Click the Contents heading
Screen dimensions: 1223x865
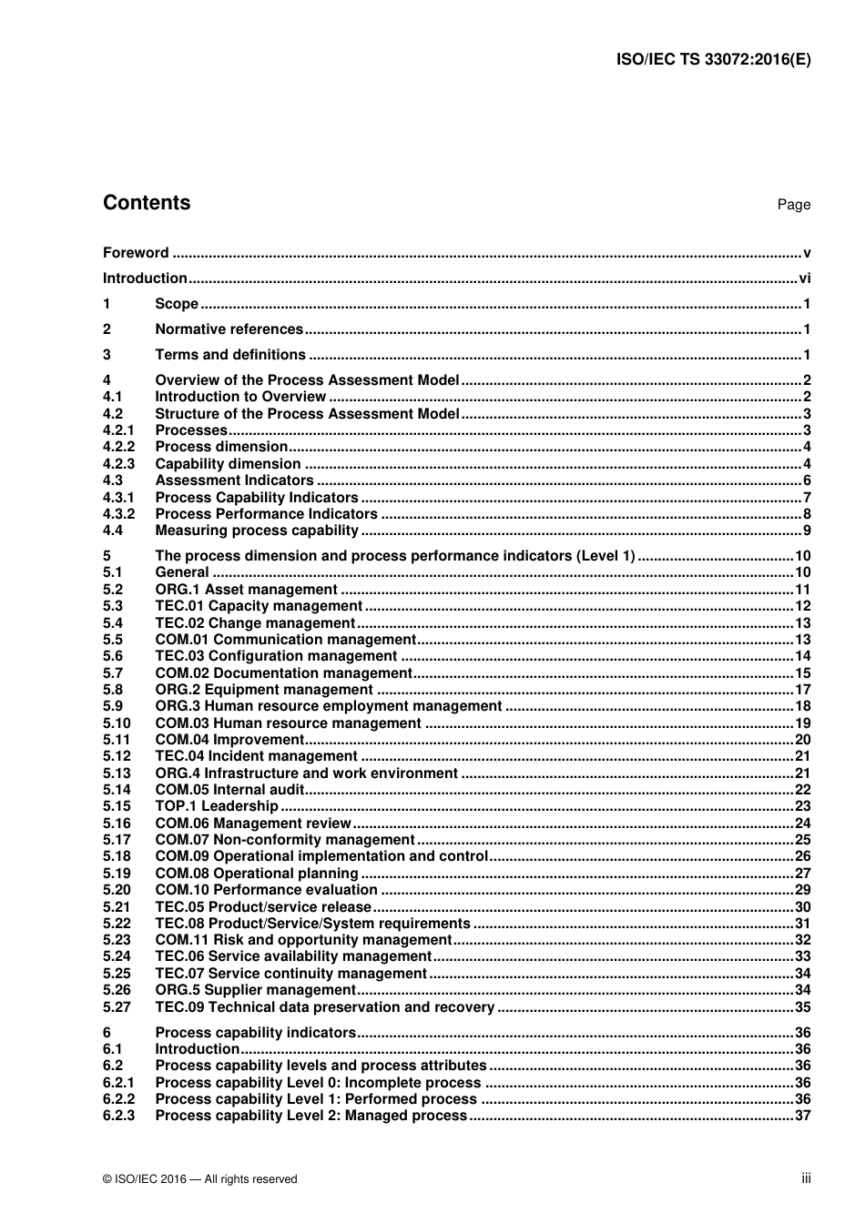click(147, 203)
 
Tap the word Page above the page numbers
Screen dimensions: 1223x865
click(793, 205)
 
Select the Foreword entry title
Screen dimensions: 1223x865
click(136, 253)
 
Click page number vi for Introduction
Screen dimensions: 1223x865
click(804, 278)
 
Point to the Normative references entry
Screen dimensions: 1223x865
click(229, 329)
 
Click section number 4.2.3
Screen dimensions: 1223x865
click(118, 464)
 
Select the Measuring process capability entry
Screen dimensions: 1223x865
click(257, 531)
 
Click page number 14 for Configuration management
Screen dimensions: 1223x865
click(802, 656)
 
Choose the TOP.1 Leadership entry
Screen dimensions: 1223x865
click(217, 806)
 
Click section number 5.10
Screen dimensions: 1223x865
click(117, 723)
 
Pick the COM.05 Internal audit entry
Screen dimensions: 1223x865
click(229, 790)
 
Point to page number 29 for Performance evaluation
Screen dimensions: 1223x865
click(802, 890)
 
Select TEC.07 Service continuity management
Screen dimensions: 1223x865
click(290, 974)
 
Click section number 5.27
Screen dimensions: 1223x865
click(117, 1007)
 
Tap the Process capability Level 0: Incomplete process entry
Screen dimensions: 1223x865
click(318, 1083)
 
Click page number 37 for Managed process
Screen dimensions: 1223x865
click(802, 1116)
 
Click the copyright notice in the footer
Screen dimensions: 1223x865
click(200, 1179)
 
